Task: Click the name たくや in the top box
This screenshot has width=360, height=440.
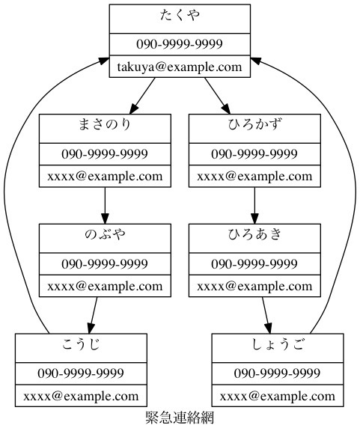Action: point(180,15)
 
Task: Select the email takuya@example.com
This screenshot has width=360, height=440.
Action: point(180,67)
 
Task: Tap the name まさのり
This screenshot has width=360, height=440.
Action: point(105,124)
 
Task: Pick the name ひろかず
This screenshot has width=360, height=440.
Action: point(254,124)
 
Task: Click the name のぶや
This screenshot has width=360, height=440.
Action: point(105,234)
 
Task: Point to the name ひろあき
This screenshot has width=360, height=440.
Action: point(254,234)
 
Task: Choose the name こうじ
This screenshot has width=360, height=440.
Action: point(81,344)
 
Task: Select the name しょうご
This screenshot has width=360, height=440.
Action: point(278,344)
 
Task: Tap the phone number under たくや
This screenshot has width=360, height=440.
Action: point(180,43)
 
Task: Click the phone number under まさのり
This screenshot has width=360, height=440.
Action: point(105,154)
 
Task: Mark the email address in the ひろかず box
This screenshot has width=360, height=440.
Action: point(254,177)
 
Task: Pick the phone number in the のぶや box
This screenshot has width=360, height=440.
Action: point(105,263)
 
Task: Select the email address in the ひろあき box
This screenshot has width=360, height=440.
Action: point(254,286)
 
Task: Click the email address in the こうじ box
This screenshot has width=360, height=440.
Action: point(81,396)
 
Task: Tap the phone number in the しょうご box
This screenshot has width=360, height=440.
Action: point(278,373)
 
